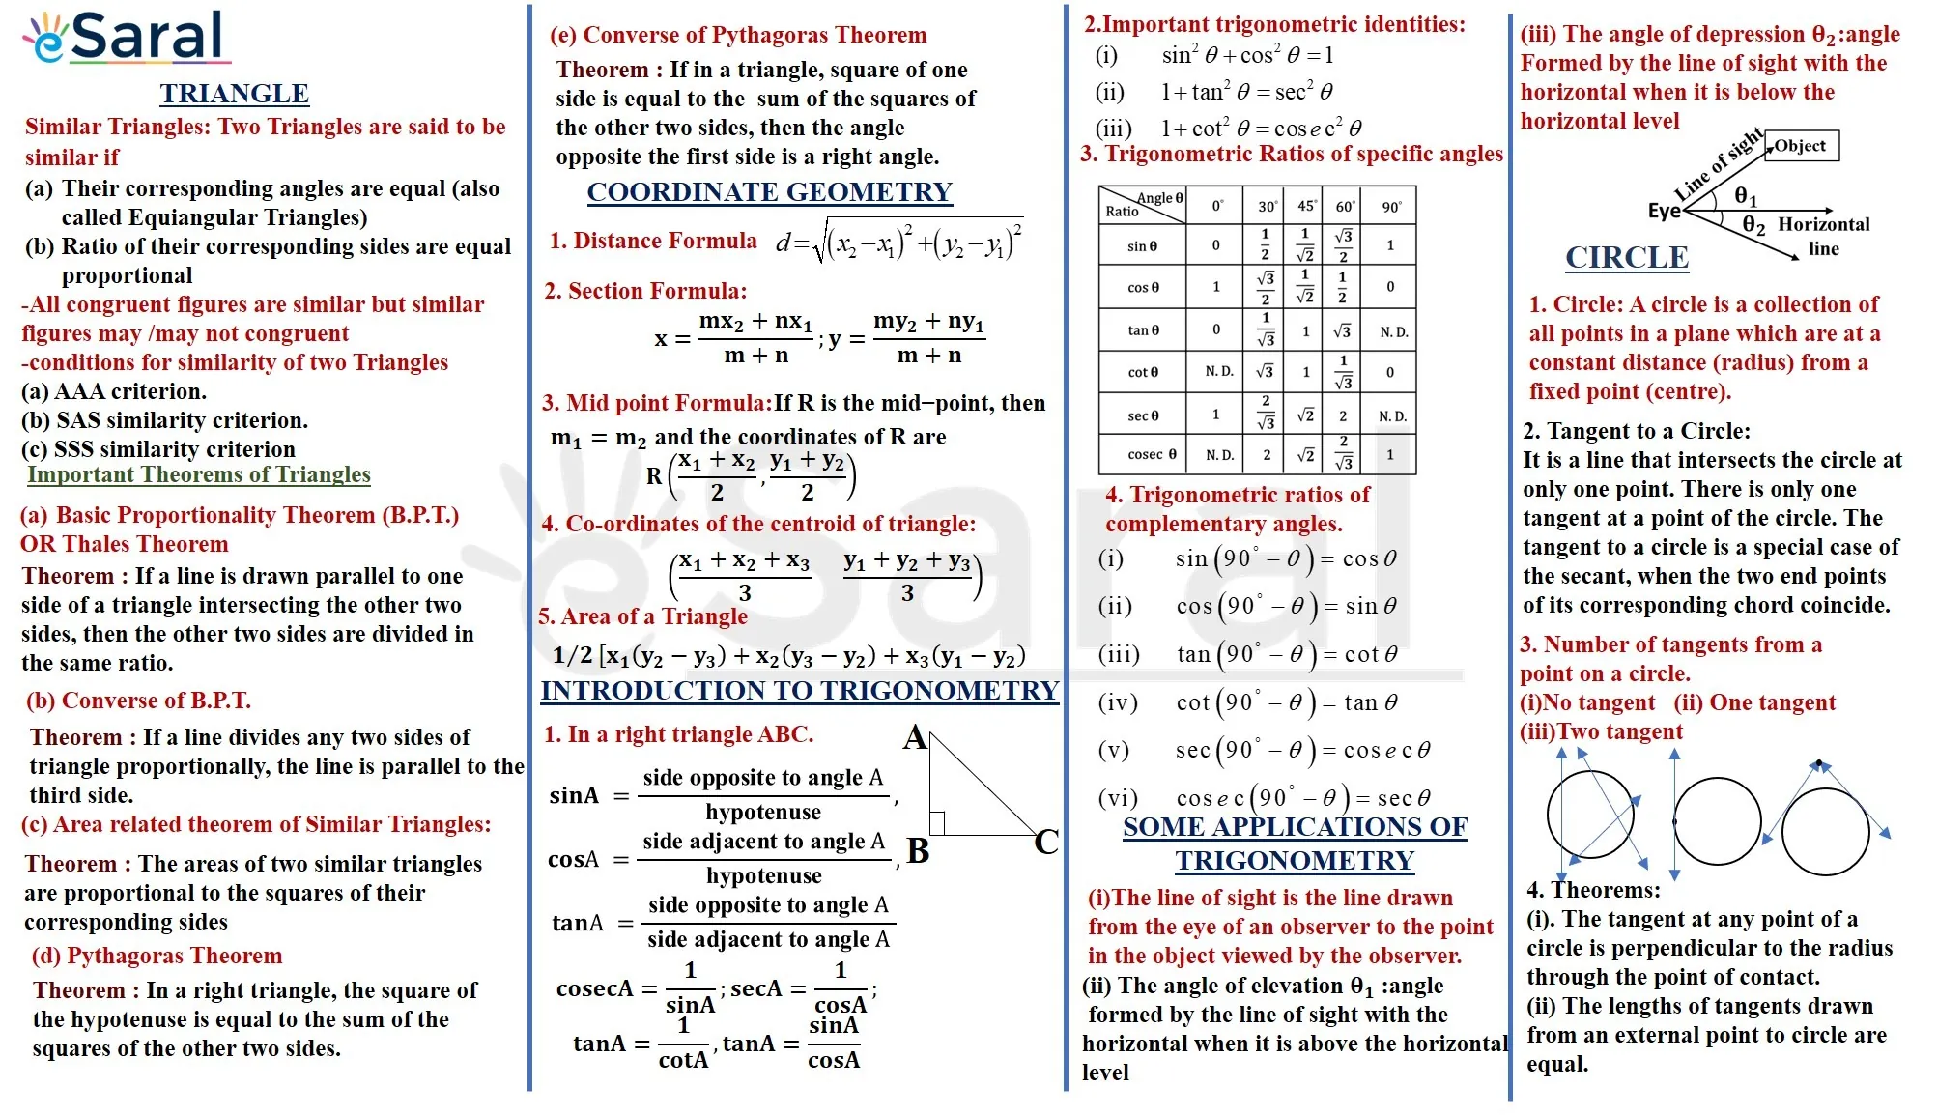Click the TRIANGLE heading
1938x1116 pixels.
(235, 94)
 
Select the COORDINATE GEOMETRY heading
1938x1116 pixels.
(770, 192)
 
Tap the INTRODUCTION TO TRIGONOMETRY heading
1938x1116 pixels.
(800, 691)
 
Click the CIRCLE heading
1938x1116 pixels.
(1627, 258)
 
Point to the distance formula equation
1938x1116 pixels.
(898, 242)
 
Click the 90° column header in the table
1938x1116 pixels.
(1391, 207)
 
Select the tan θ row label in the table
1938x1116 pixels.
(1143, 330)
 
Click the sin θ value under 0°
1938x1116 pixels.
(1216, 245)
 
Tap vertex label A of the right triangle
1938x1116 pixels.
(914, 739)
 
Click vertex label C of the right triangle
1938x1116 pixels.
(1046, 843)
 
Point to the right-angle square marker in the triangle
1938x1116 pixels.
(937, 822)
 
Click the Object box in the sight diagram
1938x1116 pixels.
(1802, 146)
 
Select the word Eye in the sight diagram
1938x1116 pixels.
(1664, 212)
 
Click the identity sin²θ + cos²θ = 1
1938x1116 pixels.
(1247, 56)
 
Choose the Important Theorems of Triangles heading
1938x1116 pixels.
(199, 474)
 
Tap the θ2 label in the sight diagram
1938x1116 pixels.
(1753, 226)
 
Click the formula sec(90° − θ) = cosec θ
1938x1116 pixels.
(1302, 751)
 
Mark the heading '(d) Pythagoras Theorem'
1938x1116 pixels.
(157, 956)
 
